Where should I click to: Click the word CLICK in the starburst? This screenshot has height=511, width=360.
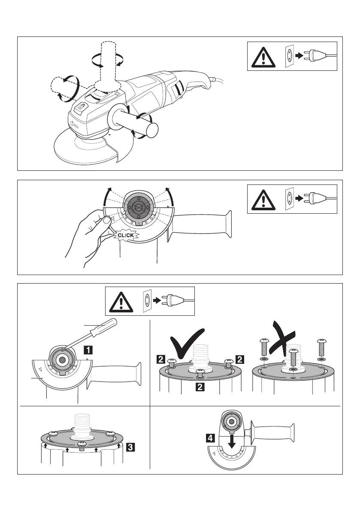[x=127, y=235]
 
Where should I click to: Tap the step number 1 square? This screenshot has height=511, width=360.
[x=87, y=349]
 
